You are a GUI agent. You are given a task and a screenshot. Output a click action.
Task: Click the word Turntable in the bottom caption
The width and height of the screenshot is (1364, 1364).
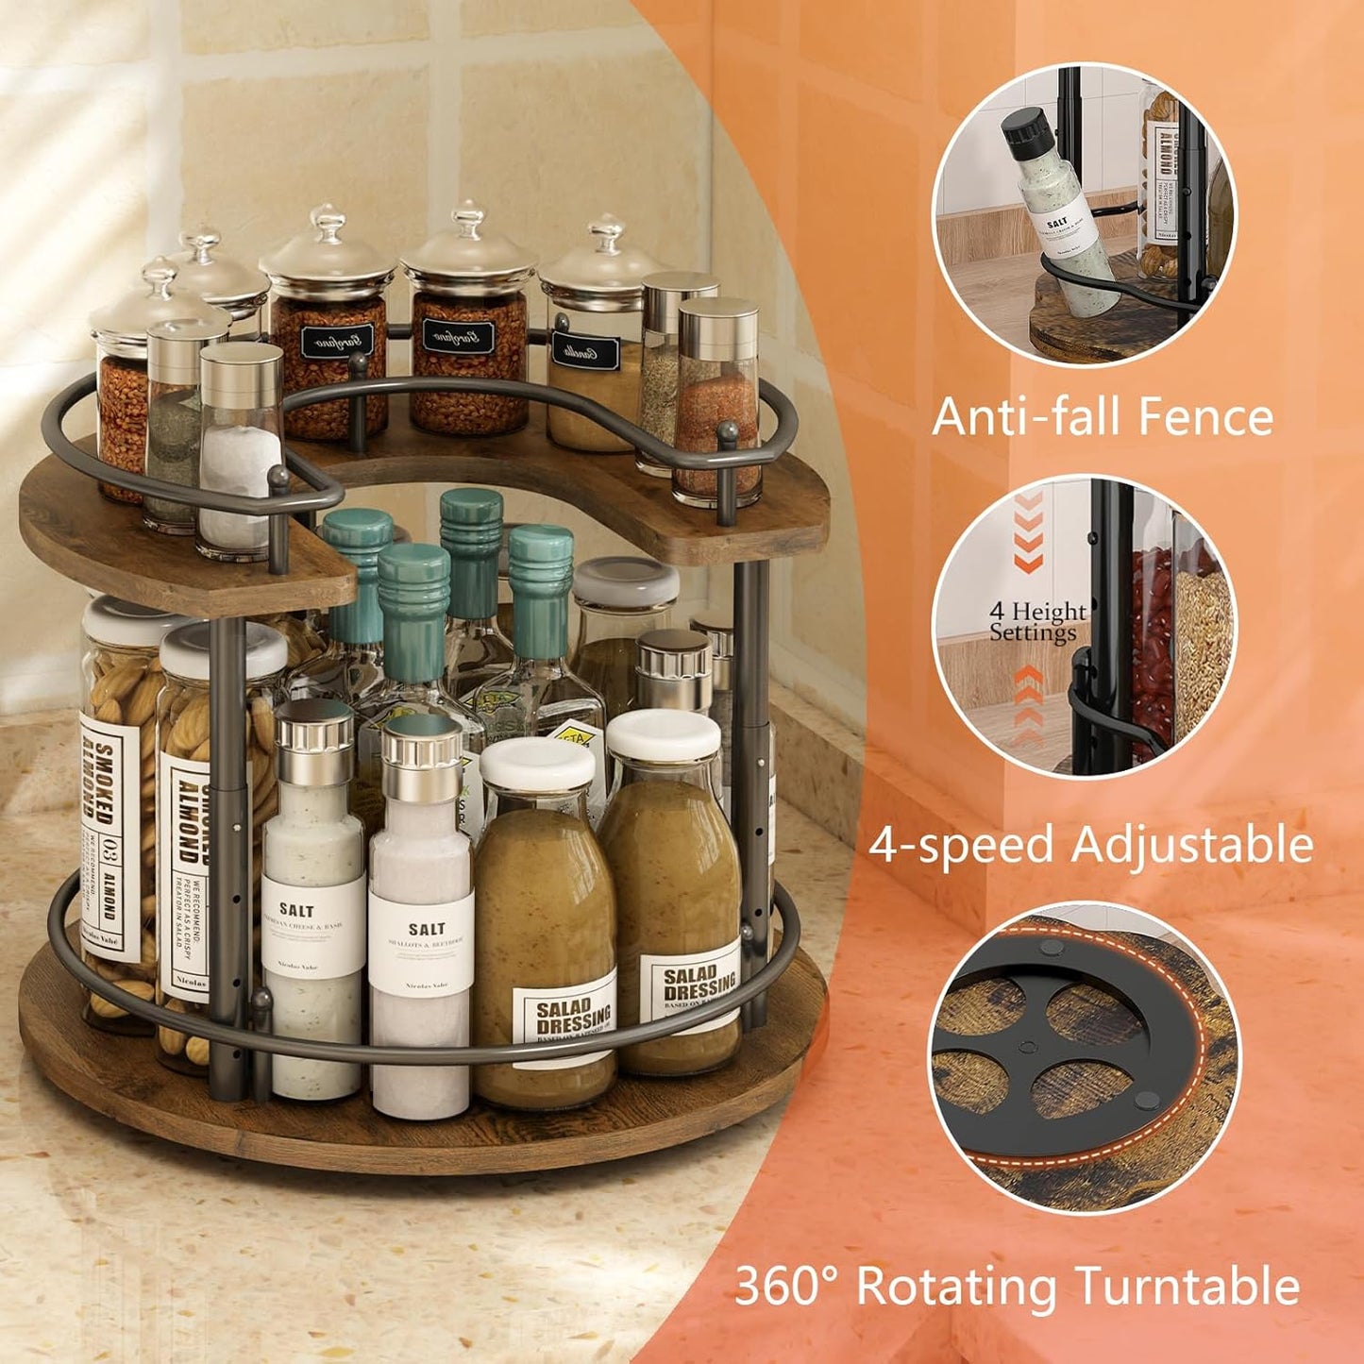pyautogui.click(x=1187, y=1286)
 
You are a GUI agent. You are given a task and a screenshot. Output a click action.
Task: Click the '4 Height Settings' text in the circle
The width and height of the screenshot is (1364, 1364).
pyautogui.click(x=1036, y=622)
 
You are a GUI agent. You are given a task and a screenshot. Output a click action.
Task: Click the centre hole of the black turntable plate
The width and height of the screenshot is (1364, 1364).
pyautogui.click(x=1023, y=1047)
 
